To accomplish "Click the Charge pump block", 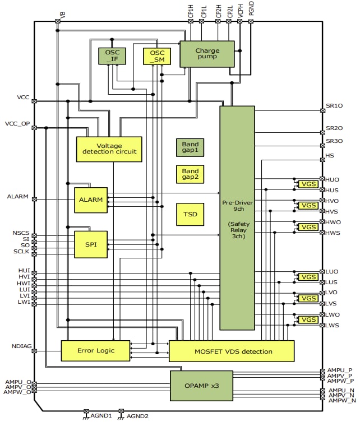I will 207,54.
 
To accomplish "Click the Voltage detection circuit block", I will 109,149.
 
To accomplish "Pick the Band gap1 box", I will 190,147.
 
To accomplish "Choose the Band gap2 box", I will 190,174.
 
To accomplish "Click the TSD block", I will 190,214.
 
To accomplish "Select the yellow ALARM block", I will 90,200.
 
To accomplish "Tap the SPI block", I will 90,244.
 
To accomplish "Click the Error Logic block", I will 95,351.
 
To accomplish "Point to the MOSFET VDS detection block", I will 231,351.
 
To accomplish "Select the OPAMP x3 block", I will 201,386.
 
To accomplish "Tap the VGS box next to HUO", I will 308,184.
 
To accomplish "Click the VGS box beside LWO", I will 308,319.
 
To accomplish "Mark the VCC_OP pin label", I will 17,123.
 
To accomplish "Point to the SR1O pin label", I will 334,105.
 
